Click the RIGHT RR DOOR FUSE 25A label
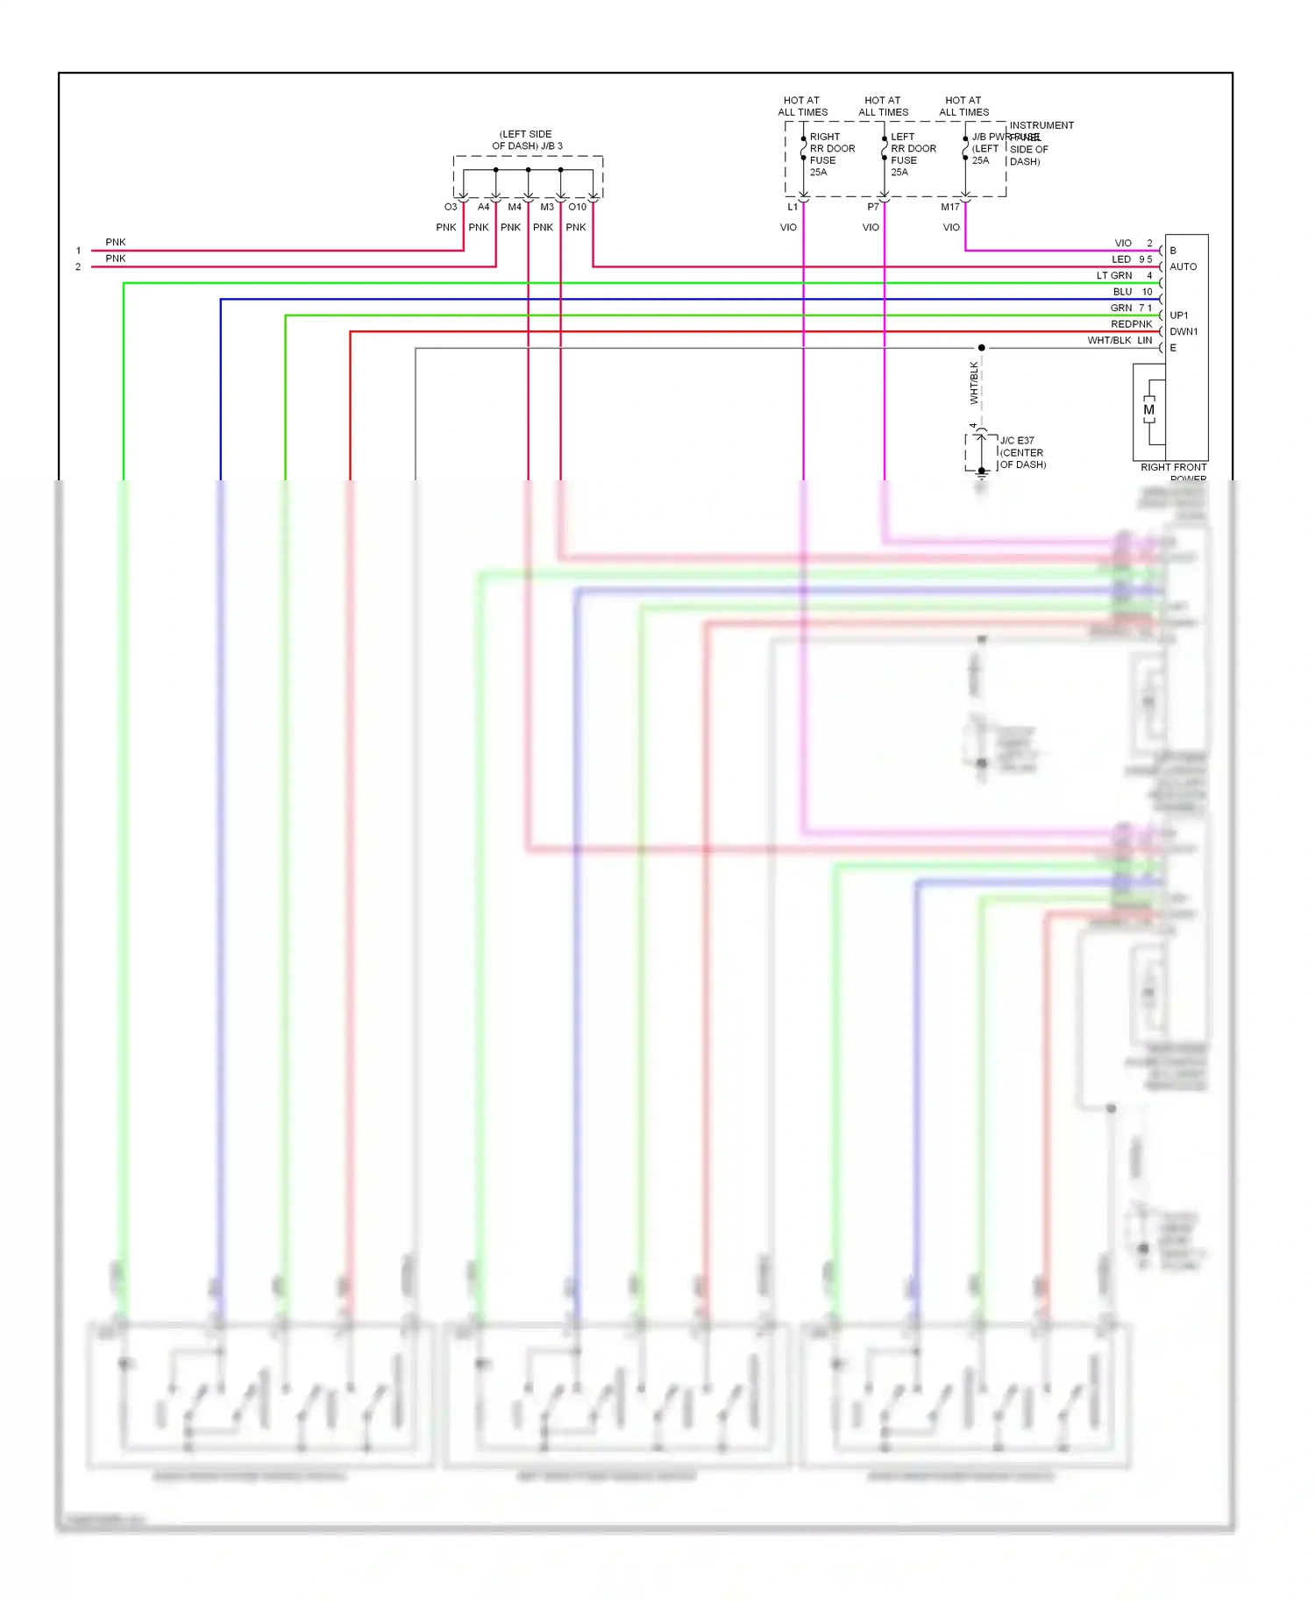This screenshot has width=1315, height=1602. [831, 154]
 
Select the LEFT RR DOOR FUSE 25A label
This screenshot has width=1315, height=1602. [912, 154]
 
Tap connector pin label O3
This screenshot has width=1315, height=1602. [451, 207]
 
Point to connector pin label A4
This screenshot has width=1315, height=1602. [483, 207]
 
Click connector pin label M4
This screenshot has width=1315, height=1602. [515, 207]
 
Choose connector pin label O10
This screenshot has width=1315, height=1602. [577, 207]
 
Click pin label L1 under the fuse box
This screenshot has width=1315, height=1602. [793, 207]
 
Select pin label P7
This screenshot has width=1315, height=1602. [873, 207]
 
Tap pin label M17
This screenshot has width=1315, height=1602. [950, 207]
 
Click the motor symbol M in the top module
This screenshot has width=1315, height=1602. [1148, 410]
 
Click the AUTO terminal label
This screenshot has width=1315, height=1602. [1183, 266]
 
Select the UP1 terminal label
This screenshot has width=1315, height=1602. [1179, 315]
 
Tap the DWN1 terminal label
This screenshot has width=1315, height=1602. [1183, 331]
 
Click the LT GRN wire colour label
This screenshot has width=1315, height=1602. [1113, 275]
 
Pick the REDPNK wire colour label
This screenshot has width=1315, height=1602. [1131, 324]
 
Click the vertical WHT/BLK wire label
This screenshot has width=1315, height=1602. [974, 383]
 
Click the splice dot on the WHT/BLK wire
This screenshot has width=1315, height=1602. [981, 348]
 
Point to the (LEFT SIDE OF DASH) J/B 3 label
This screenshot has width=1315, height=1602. [526, 140]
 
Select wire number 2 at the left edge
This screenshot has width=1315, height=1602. [78, 266]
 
